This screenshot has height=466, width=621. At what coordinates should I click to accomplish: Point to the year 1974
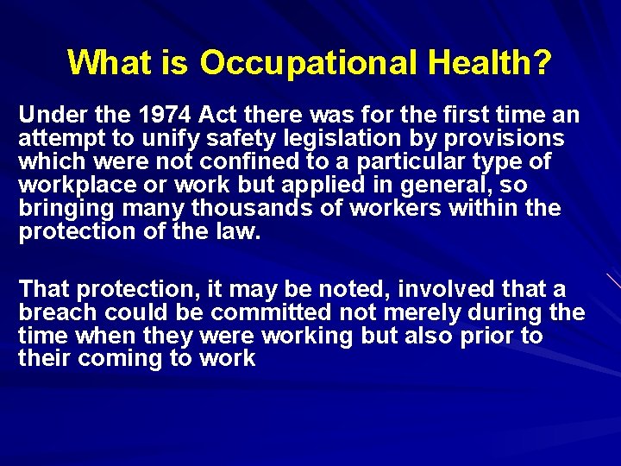165,115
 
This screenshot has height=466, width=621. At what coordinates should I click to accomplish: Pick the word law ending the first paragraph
237,232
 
